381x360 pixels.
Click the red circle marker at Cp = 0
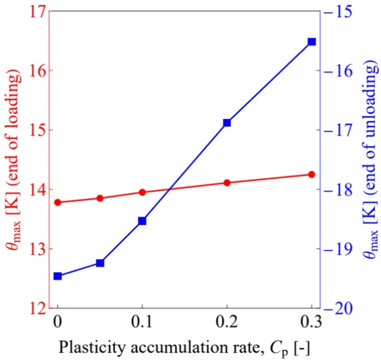(x=57, y=202)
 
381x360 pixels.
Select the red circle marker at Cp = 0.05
(x=100, y=198)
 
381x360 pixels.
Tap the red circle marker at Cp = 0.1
(x=142, y=192)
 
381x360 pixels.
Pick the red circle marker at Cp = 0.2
(x=227, y=183)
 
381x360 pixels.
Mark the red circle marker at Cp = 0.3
(x=311, y=174)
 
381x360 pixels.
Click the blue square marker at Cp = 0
(x=57, y=276)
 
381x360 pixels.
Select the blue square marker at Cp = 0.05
(x=100, y=263)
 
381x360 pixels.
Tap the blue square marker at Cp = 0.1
(x=142, y=221)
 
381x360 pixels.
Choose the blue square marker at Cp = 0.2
(x=227, y=122)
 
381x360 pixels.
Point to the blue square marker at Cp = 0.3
(x=311, y=42)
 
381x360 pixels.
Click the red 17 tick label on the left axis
(x=34, y=12)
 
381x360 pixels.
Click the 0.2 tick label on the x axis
(x=227, y=323)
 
